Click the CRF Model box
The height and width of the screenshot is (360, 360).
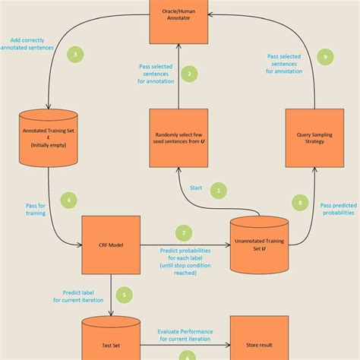pyautogui.click(x=111, y=245)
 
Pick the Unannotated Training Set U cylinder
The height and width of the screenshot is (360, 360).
pyautogui.click(x=260, y=245)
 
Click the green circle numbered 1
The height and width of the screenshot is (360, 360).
pyautogui.click(x=219, y=191)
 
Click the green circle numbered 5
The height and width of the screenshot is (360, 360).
pyautogui.click(x=125, y=295)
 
